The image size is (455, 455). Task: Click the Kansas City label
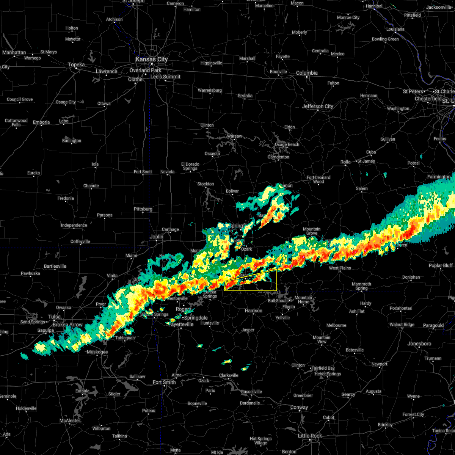click(152, 60)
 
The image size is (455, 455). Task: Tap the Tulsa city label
click(54, 317)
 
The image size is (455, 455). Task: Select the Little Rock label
click(310, 436)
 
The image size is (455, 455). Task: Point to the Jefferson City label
click(318, 106)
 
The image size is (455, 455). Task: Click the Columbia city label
click(307, 73)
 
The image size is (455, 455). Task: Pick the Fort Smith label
click(164, 382)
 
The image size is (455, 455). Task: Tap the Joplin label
click(156, 237)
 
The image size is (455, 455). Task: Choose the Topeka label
click(76, 65)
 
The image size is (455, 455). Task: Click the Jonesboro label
click(420, 344)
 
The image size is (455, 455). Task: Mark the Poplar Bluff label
click(441, 265)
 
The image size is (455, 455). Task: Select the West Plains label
click(340, 268)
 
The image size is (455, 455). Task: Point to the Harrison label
click(253, 311)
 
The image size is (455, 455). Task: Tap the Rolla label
click(345, 162)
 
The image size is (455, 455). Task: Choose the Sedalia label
click(245, 96)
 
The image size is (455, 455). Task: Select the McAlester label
click(70, 420)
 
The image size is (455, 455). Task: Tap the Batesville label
click(355, 350)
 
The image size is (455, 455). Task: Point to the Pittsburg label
click(143, 209)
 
